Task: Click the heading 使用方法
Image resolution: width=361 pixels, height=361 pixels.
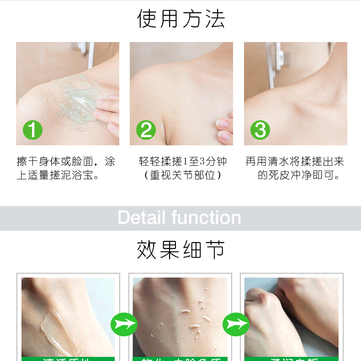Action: coord(181,19)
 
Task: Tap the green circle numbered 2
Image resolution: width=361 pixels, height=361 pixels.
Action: coord(146,130)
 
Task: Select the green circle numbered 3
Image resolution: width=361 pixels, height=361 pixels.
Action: coord(260,130)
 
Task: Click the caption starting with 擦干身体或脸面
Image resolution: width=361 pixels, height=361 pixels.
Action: coord(66,161)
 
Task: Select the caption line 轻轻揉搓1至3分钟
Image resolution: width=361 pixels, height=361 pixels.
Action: coord(183,161)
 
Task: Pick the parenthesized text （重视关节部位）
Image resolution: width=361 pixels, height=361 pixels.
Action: coord(183,175)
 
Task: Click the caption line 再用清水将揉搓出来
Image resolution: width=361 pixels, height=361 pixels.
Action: coord(295,161)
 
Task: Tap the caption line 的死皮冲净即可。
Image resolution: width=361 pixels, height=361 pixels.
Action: coord(299,175)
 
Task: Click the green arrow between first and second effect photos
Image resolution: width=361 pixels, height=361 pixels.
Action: coord(124,324)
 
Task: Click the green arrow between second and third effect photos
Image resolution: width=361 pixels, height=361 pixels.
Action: coord(236,324)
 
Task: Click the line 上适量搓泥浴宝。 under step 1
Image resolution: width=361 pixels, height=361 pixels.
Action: coord(58,175)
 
